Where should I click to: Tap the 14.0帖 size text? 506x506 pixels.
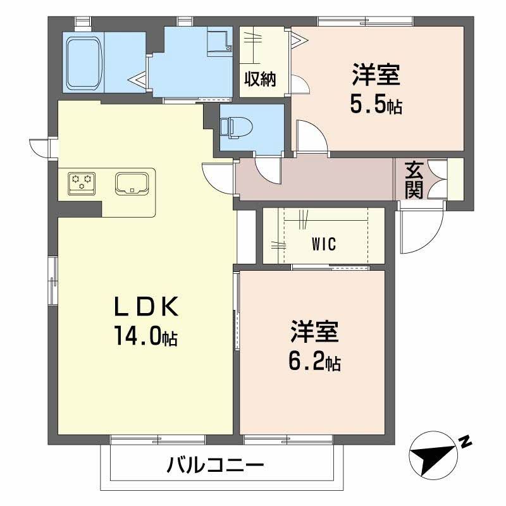(x=145, y=335)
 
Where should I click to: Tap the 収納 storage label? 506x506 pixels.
(x=260, y=79)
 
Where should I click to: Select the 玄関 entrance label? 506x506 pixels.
(x=414, y=180)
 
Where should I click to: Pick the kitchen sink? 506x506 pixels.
(x=132, y=183)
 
